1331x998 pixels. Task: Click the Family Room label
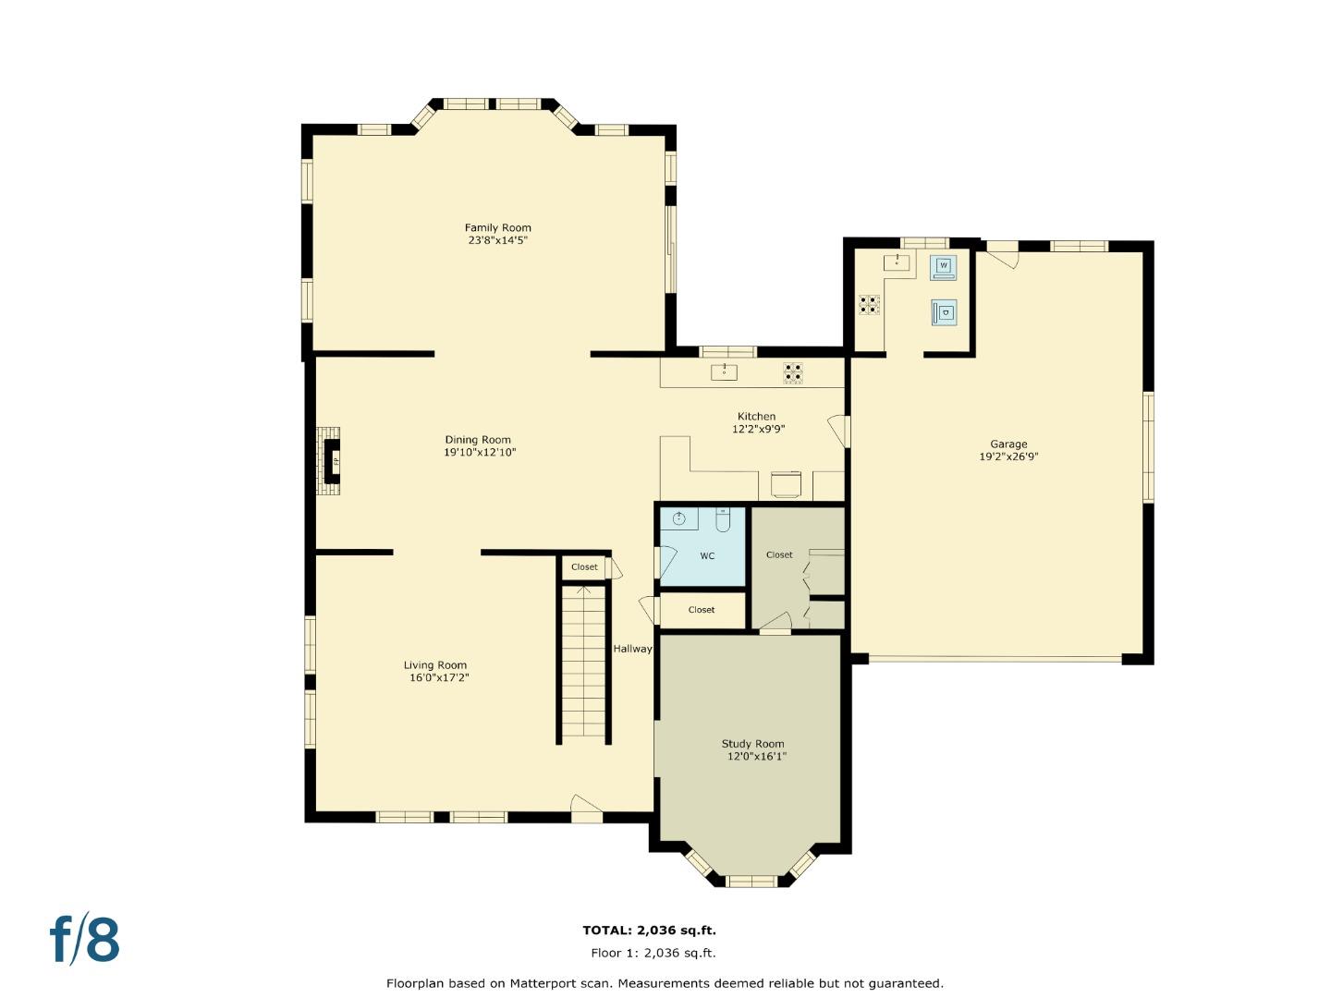coord(497,227)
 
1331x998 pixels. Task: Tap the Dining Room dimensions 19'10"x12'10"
coord(480,453)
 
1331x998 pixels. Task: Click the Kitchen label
coord(756,416)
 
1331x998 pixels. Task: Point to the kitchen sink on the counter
coord(724,372)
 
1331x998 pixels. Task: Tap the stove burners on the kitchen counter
coord(793,373)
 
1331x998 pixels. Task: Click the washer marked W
coord(943,267)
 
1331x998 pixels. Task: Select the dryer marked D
coord(943,313)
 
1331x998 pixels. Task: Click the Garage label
coord(1008,444)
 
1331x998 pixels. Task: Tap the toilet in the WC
coord(723,521)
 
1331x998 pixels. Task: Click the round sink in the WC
coord(679,518)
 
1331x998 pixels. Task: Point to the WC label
coord(707,556)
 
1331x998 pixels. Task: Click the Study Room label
coord(752,744)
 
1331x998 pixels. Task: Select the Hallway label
coord(632,649)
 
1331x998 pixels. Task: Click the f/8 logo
coord(85,940)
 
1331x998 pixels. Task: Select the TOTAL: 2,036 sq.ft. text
coord(649,931)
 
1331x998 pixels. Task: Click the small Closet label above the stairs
coord(584,567)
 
